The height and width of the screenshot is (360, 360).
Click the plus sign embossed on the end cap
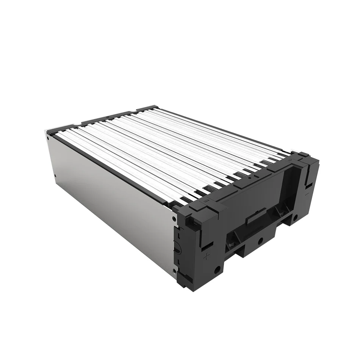click(x=207, y=257)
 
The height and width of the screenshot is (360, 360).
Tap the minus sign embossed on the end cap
click(x=307, y=194)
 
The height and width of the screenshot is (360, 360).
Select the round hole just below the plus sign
click(x=217, y=270)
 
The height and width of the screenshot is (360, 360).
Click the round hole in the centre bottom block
click(x=260, y=240)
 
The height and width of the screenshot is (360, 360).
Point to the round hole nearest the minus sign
click(x=295, y=218)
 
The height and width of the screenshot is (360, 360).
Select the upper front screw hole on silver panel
click(x=174, y=219)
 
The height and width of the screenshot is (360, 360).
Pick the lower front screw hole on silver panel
click(x=174, y=271)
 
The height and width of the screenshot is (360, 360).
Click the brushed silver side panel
click(x=110, y=197)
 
